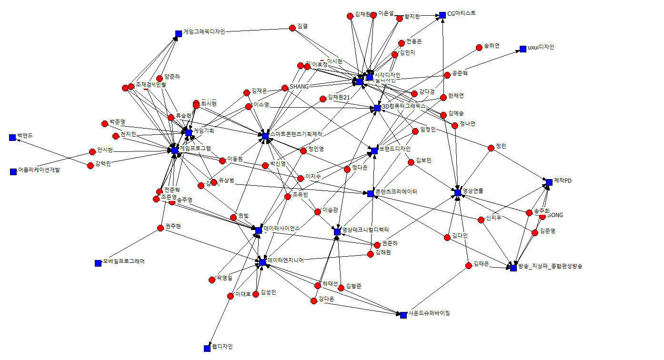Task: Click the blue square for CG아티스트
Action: (443, 15)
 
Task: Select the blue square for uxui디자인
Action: (523, 49)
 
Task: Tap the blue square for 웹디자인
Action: (207, 348)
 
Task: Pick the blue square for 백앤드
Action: (12, 138)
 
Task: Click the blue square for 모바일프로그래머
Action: (99, 263)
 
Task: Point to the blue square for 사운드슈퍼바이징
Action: (403, 315)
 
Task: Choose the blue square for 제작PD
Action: (549, 182)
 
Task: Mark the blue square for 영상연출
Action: (458, 192)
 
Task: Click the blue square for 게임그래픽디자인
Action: (179, 33)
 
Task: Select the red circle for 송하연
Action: (479, 48)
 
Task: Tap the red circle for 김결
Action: (293, 28)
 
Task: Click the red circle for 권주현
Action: (161, 228)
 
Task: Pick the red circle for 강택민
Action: (91, 166)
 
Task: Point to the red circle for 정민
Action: (491, 148)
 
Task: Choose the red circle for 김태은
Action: (469, 265)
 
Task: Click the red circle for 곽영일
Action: (212, 280)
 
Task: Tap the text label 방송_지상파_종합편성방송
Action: (550, 266)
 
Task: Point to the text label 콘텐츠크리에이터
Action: (396, 192)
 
